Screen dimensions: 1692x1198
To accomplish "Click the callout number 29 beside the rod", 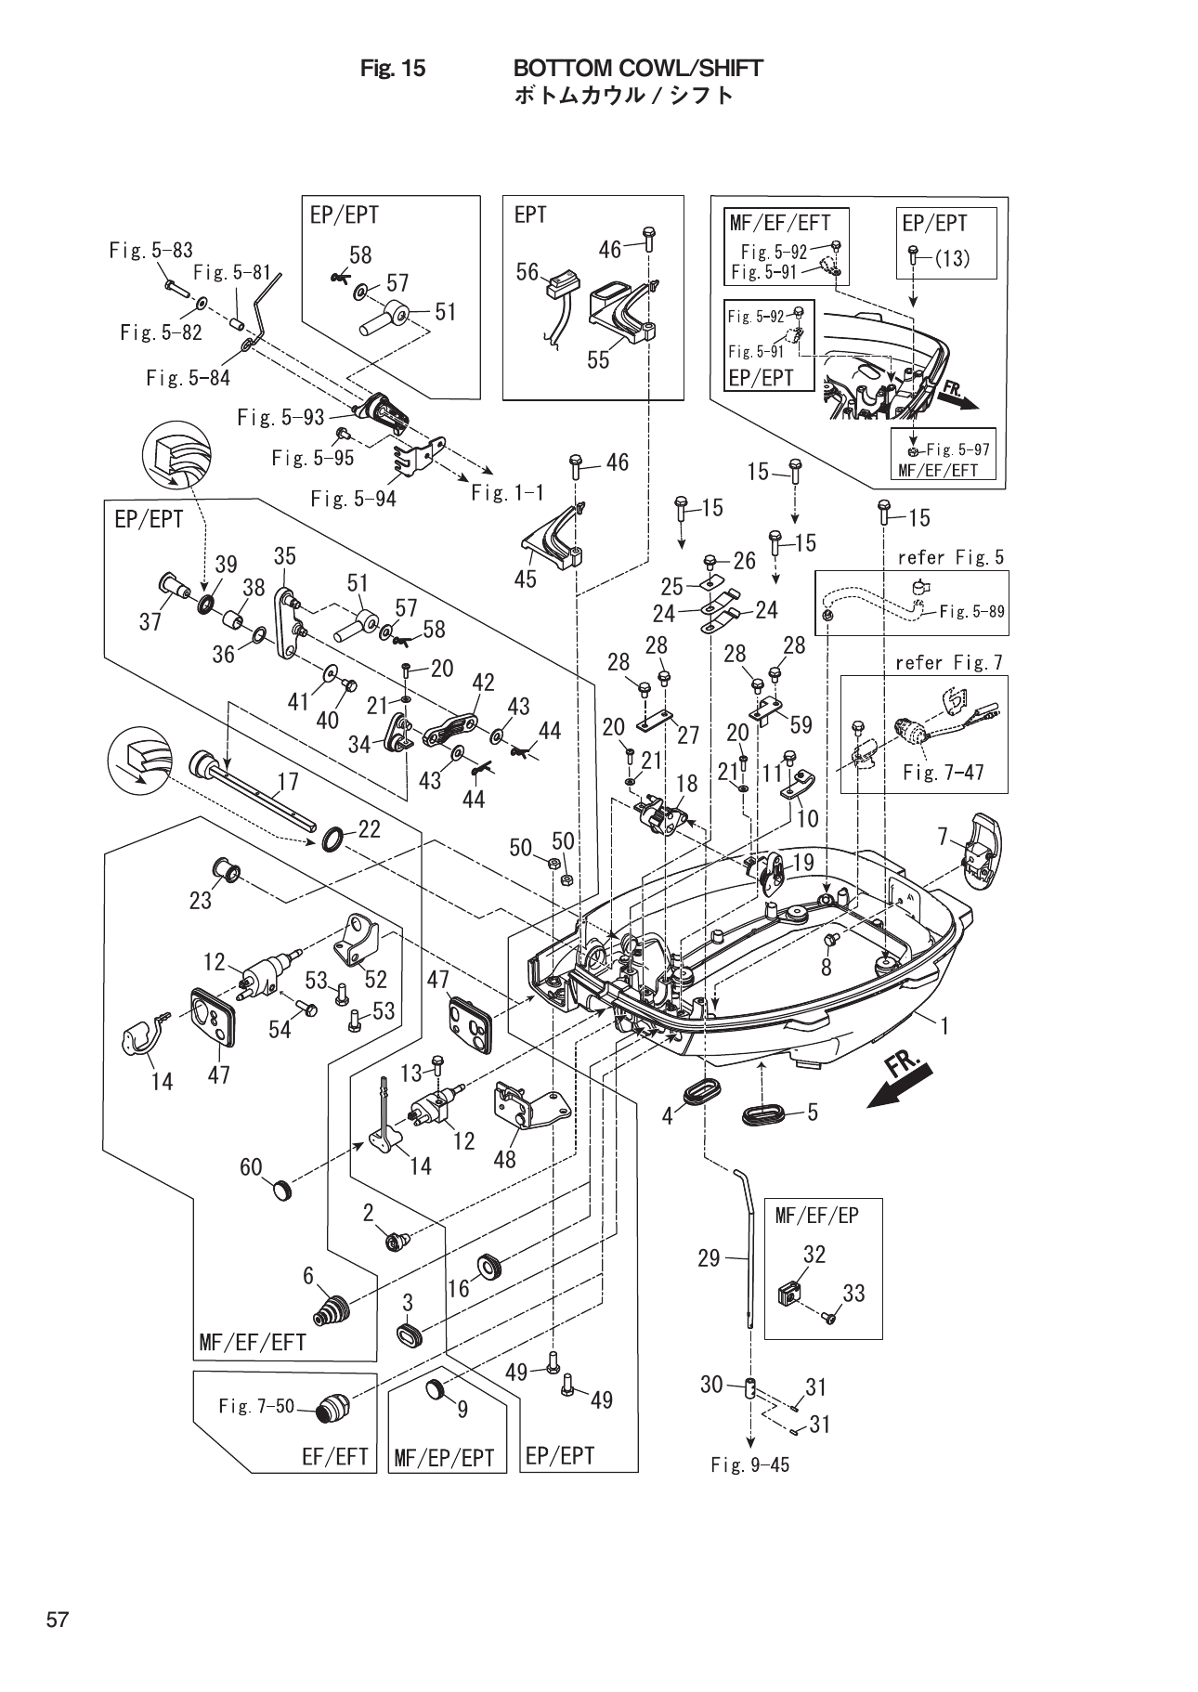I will click(709, 1258).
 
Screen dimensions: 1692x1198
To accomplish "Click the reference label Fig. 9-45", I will click(750, 1464).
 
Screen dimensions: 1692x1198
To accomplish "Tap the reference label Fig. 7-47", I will click(943, 772).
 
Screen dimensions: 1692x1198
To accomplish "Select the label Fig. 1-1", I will click(507, 493).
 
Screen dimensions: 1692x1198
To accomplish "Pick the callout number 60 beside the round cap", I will click(252, 1166).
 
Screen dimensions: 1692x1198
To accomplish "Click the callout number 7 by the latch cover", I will click(943, 838).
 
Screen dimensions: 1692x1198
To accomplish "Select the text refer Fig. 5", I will click(950, 557).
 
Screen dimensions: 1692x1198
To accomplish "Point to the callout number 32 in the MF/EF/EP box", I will click(814, 1254).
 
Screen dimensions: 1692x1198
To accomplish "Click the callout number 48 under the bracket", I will click(504, 1159).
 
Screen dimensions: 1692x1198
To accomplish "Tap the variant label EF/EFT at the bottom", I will click(335, 1457).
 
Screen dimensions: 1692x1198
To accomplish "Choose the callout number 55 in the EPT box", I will click(598, 359).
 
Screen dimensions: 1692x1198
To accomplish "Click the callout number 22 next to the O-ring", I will click(369, 829).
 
